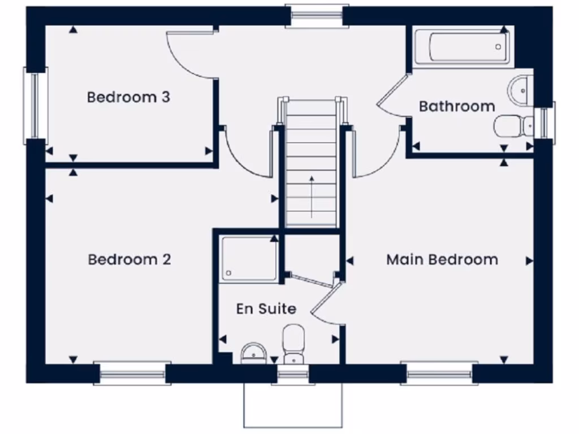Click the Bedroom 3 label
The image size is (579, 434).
128,97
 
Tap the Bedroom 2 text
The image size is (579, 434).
129,259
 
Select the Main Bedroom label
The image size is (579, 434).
442,259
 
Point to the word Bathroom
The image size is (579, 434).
457,106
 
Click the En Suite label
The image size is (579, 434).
266,309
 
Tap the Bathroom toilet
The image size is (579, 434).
512,125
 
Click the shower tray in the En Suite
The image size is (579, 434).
249,259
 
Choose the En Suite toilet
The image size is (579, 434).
293,342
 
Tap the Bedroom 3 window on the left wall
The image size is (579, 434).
35,105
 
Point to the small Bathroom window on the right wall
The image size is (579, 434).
546,120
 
